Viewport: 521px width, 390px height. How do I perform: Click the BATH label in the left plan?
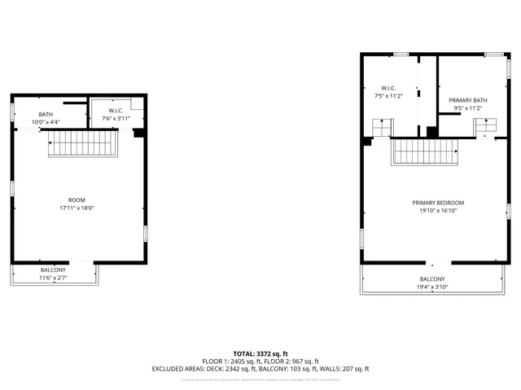coord(46,115)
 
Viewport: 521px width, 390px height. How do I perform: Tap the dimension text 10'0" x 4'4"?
coord(46,122)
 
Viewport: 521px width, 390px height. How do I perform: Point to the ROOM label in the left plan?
coord(77,199)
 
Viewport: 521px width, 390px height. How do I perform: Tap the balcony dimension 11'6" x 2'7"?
coord(54,278)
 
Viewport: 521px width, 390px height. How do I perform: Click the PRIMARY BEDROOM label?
coord(438,202)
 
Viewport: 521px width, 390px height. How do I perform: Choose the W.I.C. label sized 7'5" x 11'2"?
coord(387,88)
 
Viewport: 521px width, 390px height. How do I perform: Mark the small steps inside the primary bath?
coord(485,125)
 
